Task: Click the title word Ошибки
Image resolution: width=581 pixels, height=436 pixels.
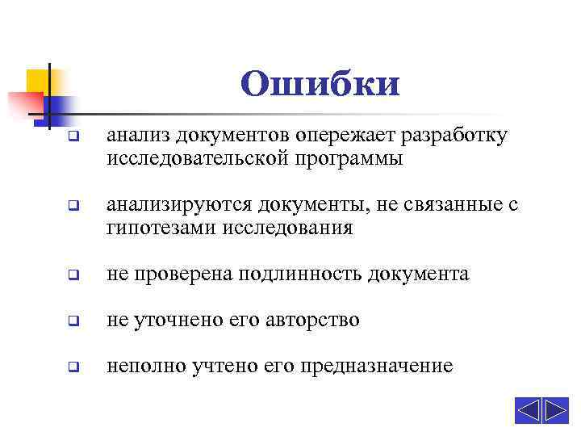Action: [x=320, y=83]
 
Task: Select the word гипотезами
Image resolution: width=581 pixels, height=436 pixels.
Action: [x=157, y=228]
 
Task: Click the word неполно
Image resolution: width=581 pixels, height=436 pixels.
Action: [x=147, y=367]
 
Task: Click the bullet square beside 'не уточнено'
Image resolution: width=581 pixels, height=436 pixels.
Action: [x=73, y=321]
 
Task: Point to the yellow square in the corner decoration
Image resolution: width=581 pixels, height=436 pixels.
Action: [x=38, y=82]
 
